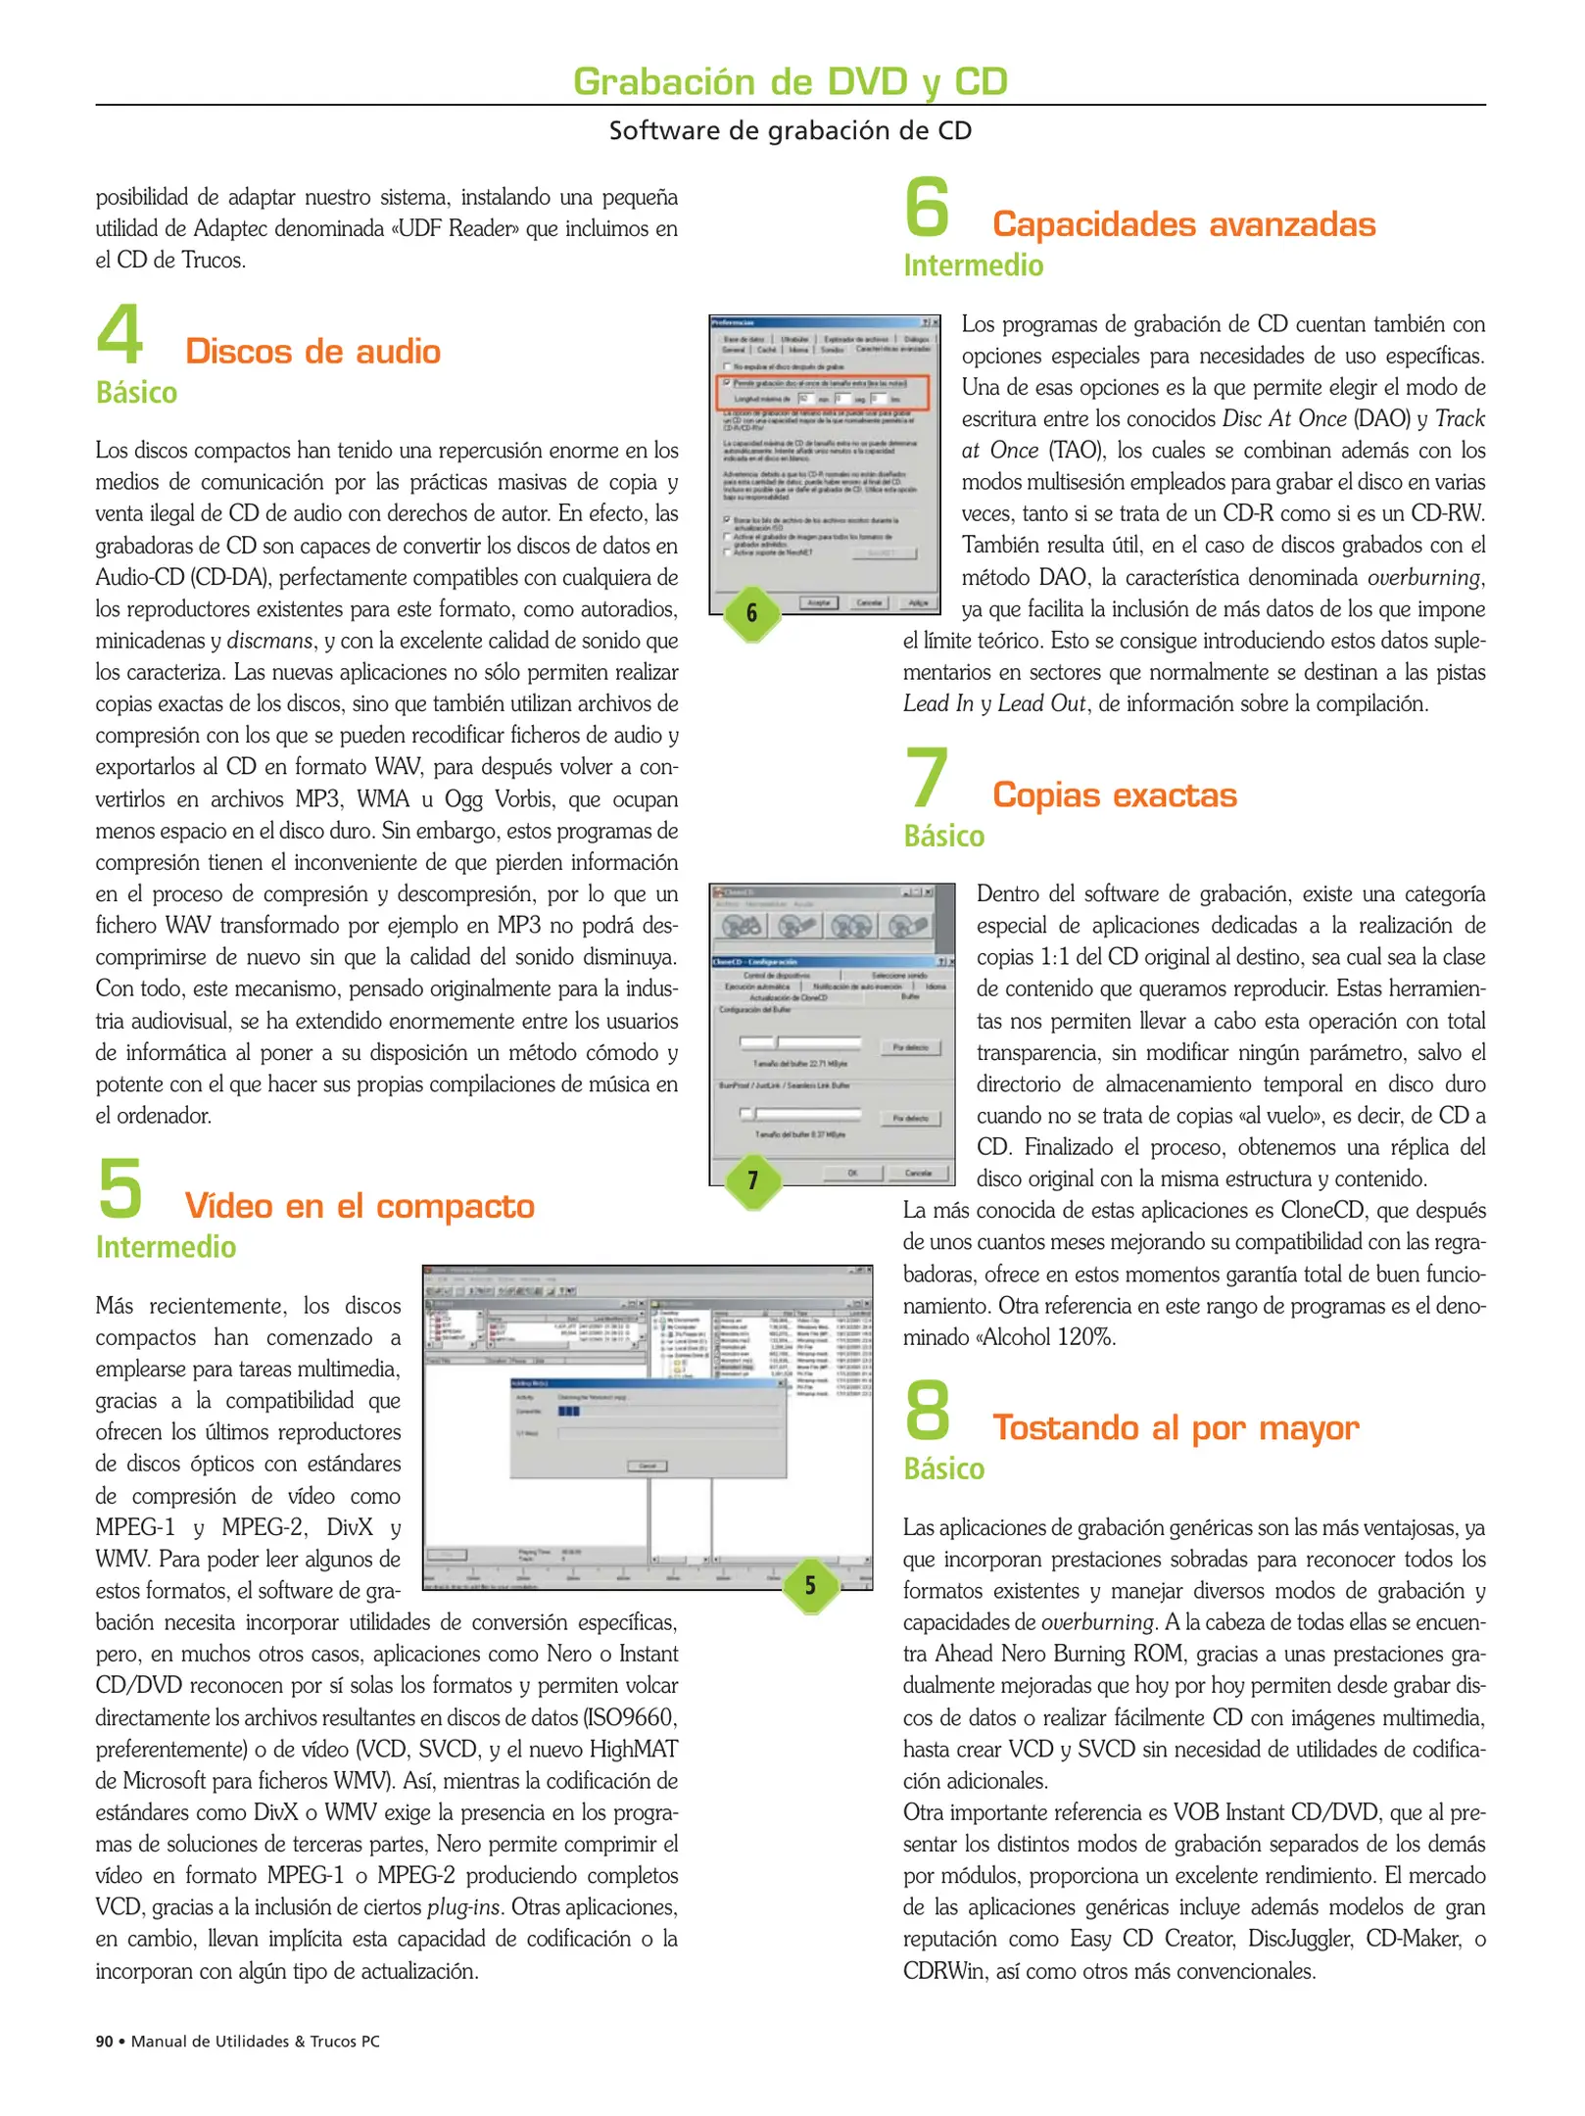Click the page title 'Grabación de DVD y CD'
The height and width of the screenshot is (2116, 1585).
point(790,81)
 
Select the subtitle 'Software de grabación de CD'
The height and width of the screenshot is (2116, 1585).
point(790,130)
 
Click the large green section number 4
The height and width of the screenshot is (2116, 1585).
point(120,334)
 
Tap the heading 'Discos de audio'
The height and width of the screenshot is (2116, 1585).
point(312,352)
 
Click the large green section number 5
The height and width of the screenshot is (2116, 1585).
point(120,1188)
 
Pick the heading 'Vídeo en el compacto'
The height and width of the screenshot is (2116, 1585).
point(360,1206)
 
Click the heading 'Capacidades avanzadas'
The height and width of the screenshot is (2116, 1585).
point(1183,224)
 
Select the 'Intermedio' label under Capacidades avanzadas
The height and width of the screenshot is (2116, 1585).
point(973,265)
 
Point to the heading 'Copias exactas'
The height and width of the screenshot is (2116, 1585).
point(1114,794)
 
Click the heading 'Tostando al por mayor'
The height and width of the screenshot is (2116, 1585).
point(1175,1427)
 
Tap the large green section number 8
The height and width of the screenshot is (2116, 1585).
point(927,1410)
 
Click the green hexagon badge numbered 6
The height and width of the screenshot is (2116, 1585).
point(751,613)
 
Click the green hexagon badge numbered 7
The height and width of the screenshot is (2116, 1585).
point(751,1179)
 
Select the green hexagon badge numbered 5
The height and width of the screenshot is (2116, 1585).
point(809,1584)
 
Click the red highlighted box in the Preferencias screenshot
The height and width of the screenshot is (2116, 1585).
point(822,392)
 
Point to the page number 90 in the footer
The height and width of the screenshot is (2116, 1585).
point(104,2041)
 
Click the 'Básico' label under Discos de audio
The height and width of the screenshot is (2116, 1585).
point(136,393)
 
